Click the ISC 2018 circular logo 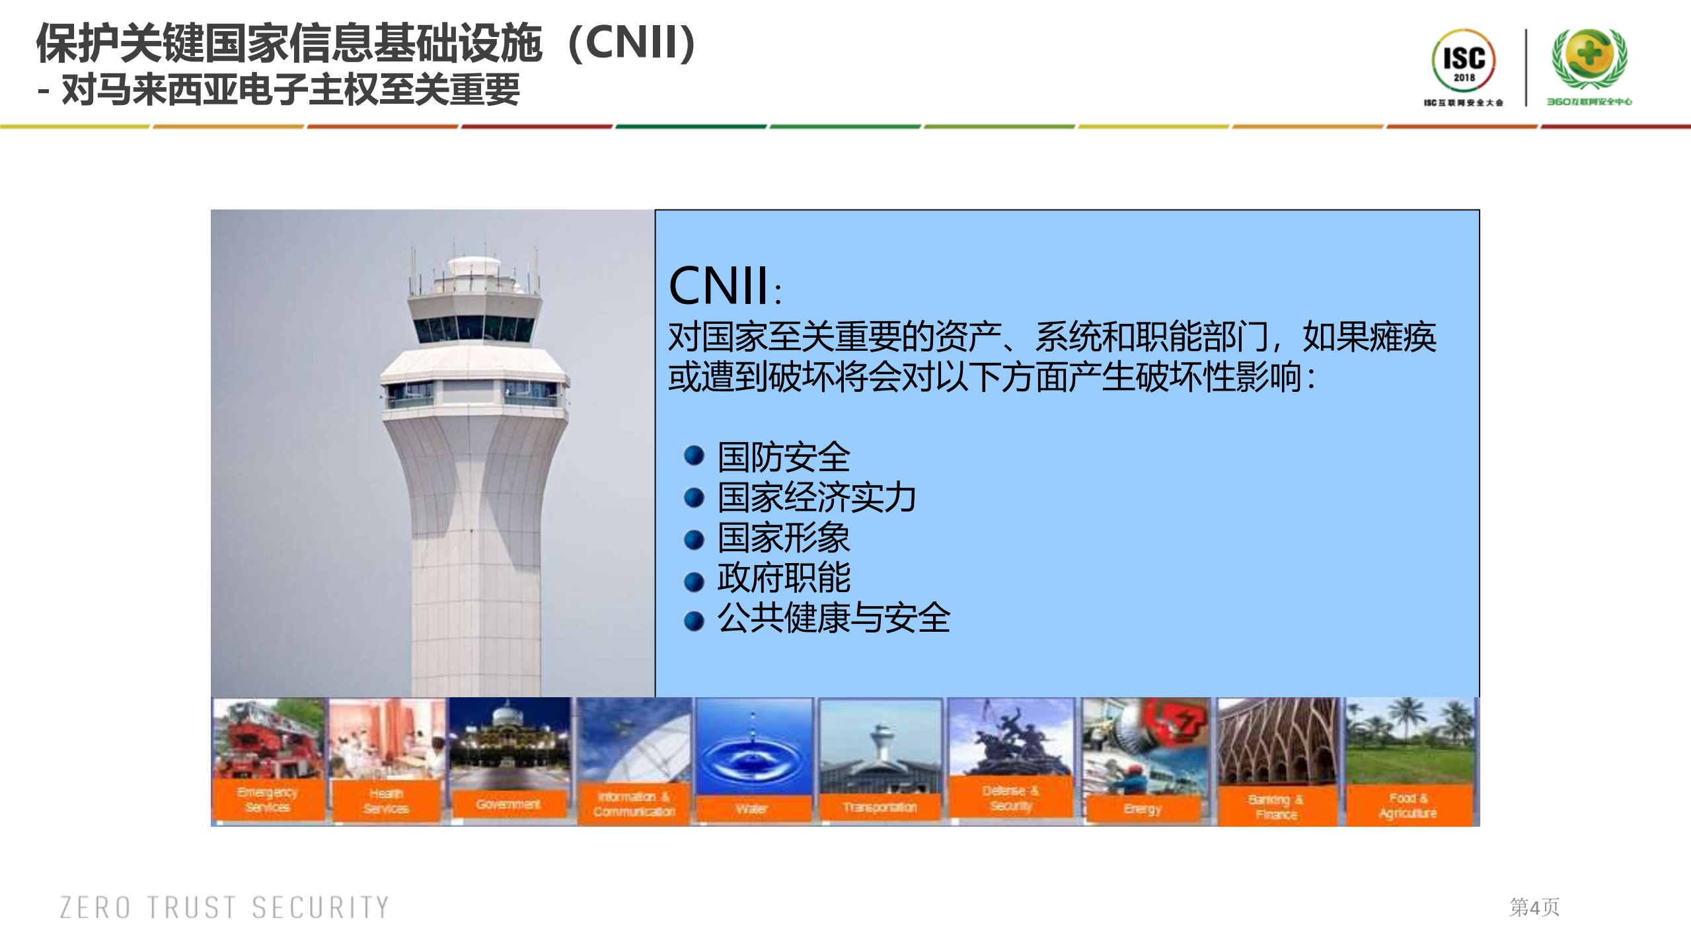pos(1463,61)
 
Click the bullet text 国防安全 pos(784,457)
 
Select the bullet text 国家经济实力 pos(817,497)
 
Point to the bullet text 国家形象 pos(784,537)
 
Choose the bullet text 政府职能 pos(784,578)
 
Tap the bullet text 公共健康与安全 pos(834,618)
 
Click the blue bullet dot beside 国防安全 pos(694,455)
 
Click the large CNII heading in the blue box pos(718,286)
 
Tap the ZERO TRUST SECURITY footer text pos(225,907)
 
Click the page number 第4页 pos(1534,907)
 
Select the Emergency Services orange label pos(268,800)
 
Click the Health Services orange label pos(386,801)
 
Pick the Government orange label pos(508,804)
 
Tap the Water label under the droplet pos(751,809)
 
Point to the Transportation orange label pos(880,807)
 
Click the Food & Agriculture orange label pos(1408,806)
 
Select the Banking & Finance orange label pos(1276,807)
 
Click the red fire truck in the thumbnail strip pos(264,743)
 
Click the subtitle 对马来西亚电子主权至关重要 pos(291,89)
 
